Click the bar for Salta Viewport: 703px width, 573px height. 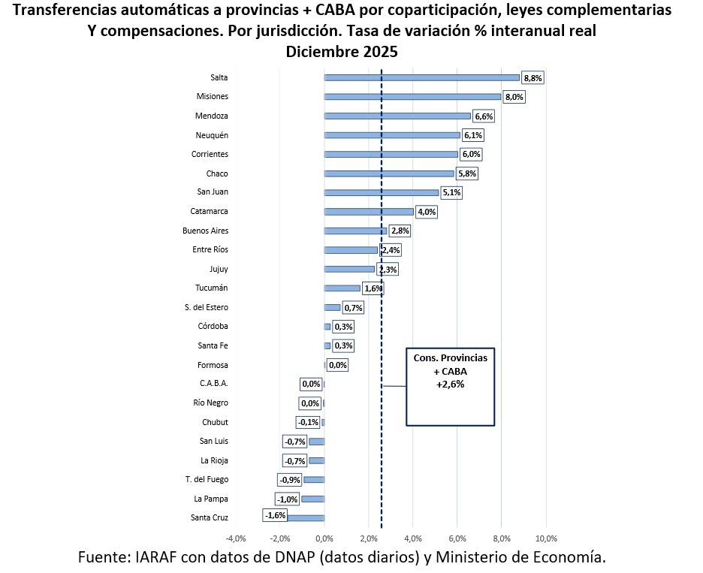click(x=421, y=77)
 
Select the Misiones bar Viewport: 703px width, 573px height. click(x=412, y=97)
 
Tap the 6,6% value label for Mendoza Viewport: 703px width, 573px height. click(x=484, y=116)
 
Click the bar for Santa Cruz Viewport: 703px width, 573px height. click(x=306, y=518)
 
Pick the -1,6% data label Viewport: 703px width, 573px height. click(x=275, y=515)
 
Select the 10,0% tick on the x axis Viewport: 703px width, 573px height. click(x=545, y=538)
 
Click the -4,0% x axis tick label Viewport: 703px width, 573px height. click(x=236, y=538)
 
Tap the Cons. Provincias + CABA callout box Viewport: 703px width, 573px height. click(x=450, y=386)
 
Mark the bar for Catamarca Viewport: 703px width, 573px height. click(x=369, y=212)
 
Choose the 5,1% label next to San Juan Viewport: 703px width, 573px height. click(x=451, y=193)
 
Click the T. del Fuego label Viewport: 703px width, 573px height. click(x=207, y=479)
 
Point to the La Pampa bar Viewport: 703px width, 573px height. click(x=312, y=499)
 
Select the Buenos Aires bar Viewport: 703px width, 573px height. click(x=355, y=231)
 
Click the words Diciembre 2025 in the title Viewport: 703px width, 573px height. click(x=341, y=53)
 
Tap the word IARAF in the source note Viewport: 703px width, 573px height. click(x=158, y=557)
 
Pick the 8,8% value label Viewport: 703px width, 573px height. click(x=533, y=78)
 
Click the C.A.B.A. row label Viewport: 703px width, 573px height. click(x=213, y=384)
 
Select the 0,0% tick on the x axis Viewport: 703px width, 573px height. click(x=324, y=538)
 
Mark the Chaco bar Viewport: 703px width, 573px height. click(x=389, y=173)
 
